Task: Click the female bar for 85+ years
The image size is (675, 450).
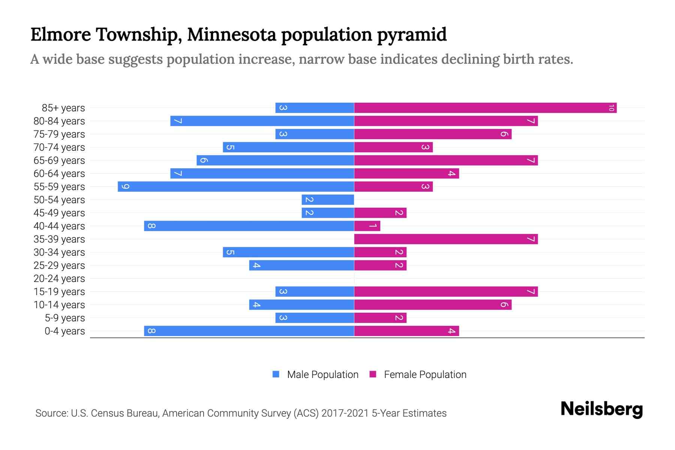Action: [x=485, y=108]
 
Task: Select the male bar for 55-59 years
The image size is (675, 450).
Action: [x=236, y=187]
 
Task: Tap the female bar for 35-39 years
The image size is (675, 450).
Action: [x=446, y=239]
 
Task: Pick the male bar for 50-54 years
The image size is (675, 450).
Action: [x=328, y=200]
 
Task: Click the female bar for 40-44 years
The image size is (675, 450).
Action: [x=367, y=226]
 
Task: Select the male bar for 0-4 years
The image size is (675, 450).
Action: [x=249, y=331]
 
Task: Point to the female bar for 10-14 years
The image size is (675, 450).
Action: [x=433, y=305]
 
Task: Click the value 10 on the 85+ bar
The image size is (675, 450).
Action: [x=611, y=108]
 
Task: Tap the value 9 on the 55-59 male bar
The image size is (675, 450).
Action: [x=126, y=187]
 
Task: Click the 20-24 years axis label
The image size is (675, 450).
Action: [x=59, y=279]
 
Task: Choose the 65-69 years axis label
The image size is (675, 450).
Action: [x=59, y=160]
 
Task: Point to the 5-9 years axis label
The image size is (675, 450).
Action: [x=64, y=318]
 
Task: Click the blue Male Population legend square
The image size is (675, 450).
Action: [x=276, y=374]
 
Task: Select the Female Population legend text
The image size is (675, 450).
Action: [x=425, y=375]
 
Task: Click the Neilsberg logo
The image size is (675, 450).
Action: [x=601, y=409]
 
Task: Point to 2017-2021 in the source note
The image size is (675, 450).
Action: [x=345, y=413]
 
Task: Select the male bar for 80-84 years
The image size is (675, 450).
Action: [x=262, y=121]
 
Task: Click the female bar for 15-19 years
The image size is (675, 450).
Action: [x=446, y=292]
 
